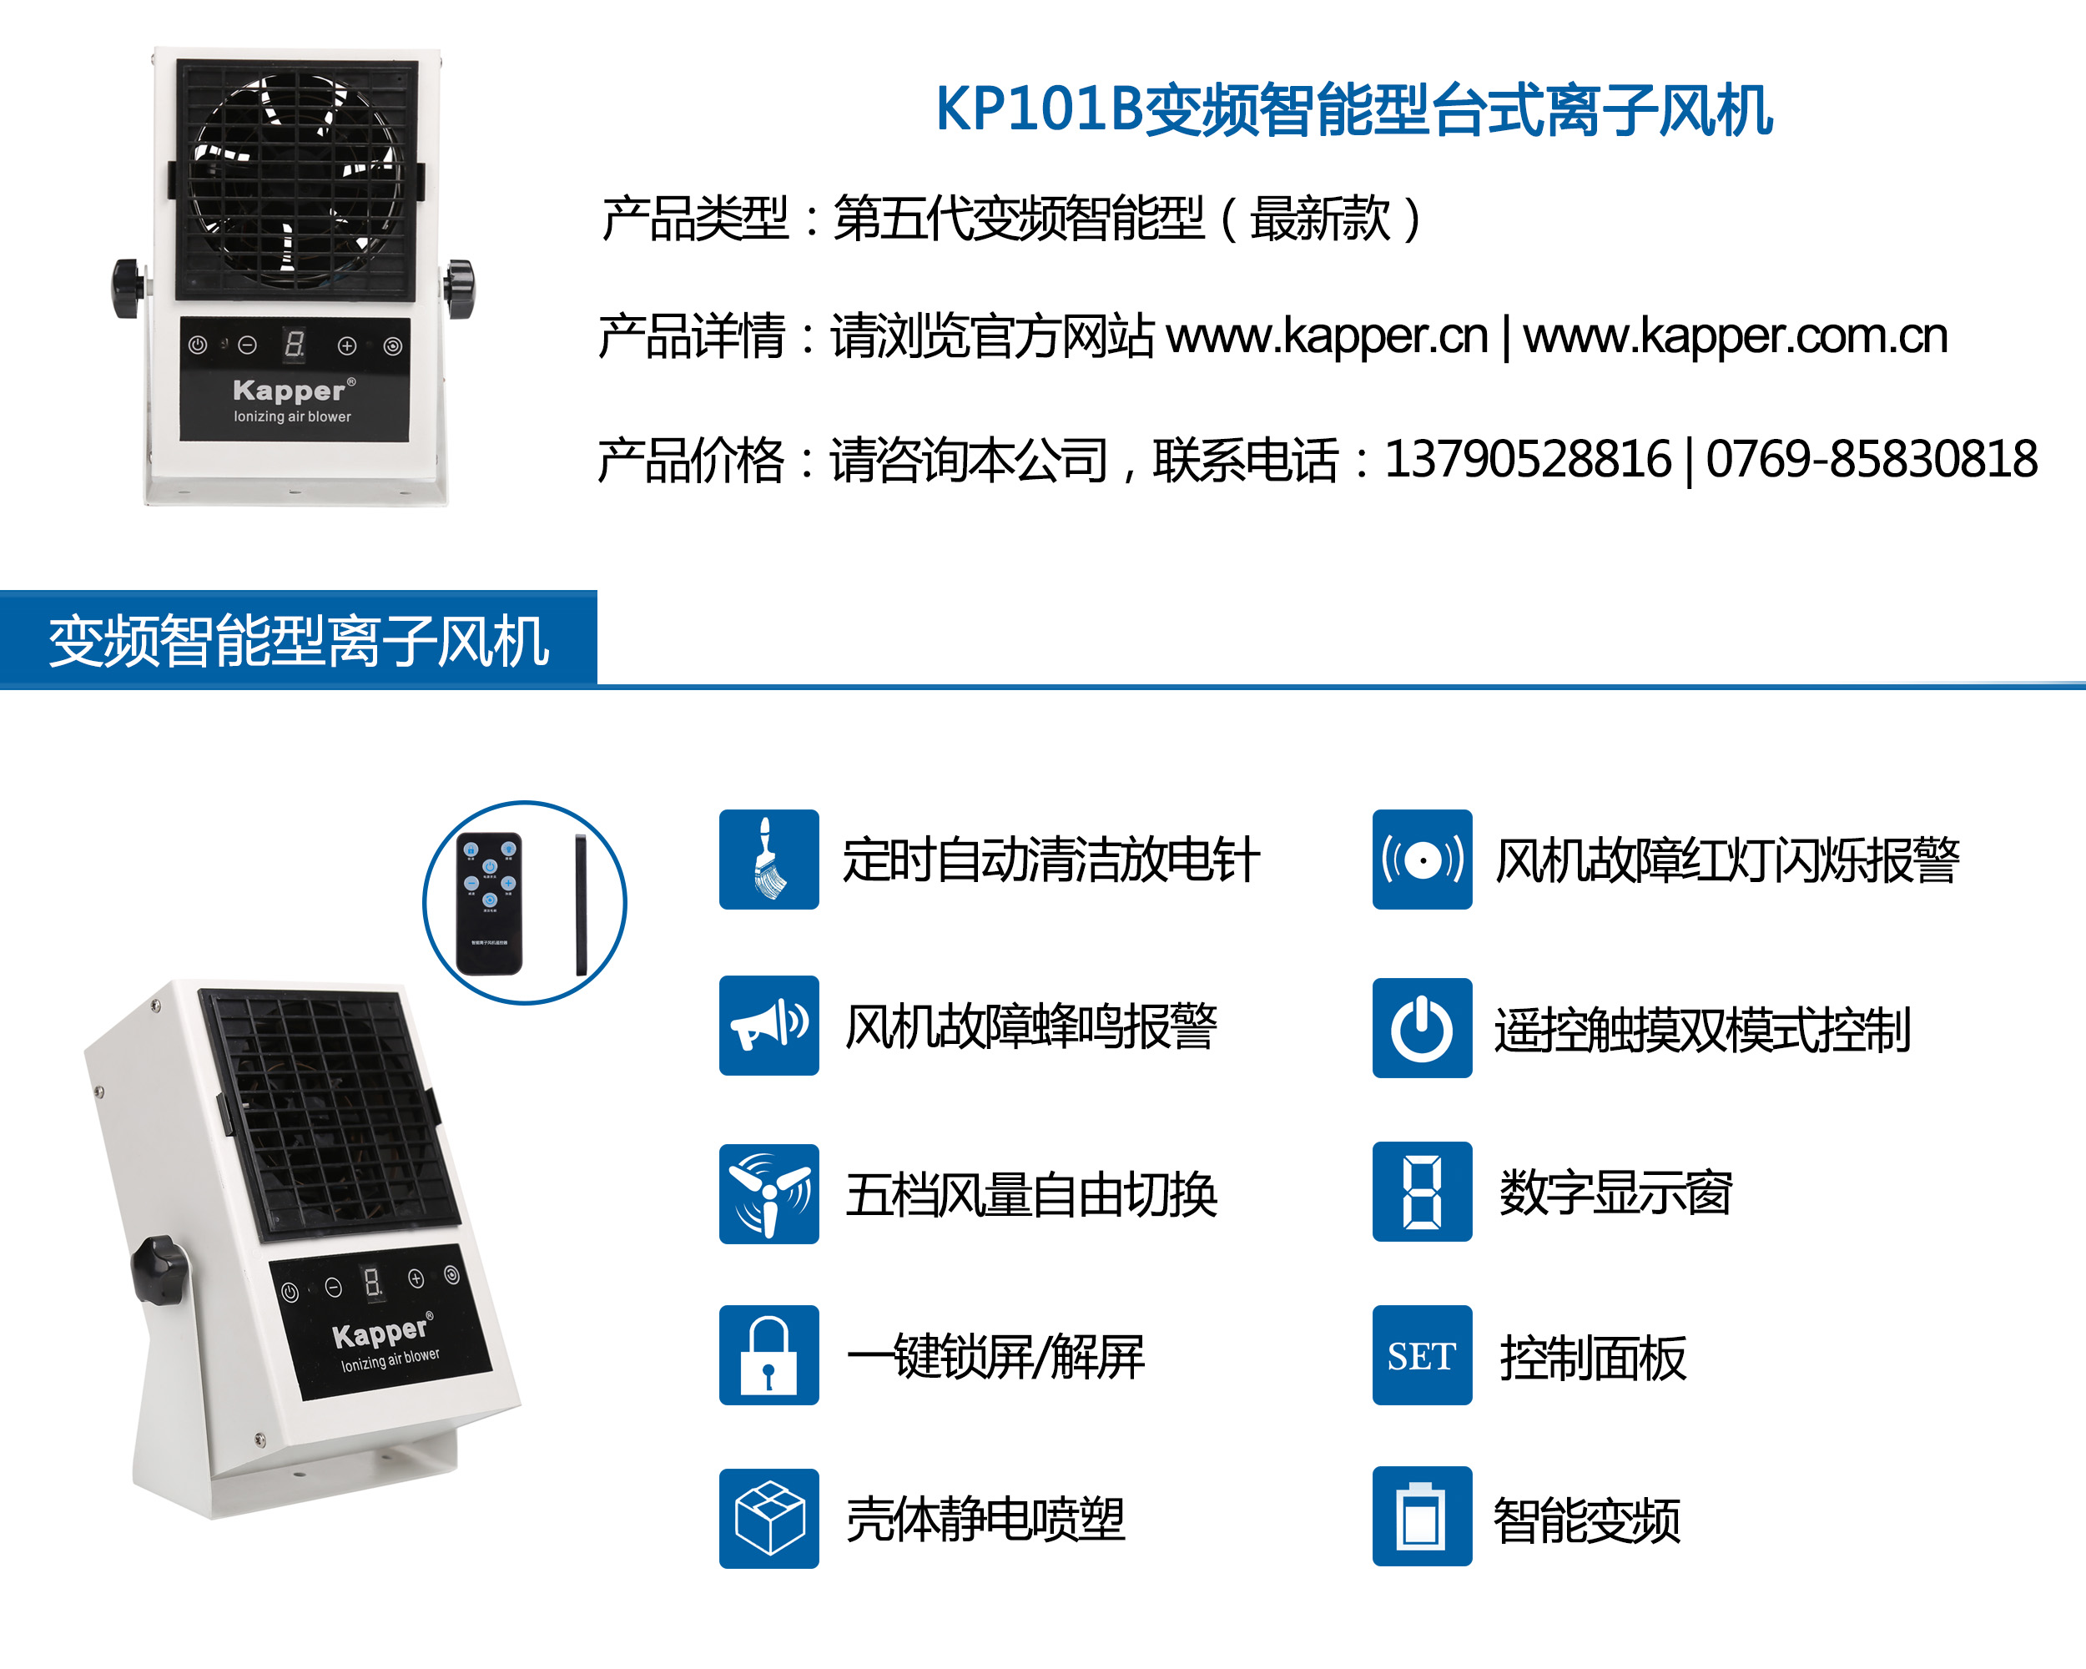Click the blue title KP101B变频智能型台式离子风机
1353,109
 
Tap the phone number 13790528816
1528,459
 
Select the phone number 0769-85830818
1872,459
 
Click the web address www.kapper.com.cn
1735,335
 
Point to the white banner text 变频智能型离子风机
299,641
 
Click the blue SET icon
1421,1355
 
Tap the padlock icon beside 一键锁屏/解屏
768,1355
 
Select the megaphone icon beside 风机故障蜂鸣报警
768,1026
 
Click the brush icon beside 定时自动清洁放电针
768,860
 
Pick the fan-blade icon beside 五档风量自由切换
768,1194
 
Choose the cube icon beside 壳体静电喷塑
768,1518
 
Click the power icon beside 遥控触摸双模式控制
1421,1027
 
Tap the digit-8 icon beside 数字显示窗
1421,1191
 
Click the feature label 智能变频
1587,1520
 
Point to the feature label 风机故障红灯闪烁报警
1727,860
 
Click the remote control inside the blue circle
490,903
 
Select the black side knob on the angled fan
158,1269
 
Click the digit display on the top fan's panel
295,344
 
